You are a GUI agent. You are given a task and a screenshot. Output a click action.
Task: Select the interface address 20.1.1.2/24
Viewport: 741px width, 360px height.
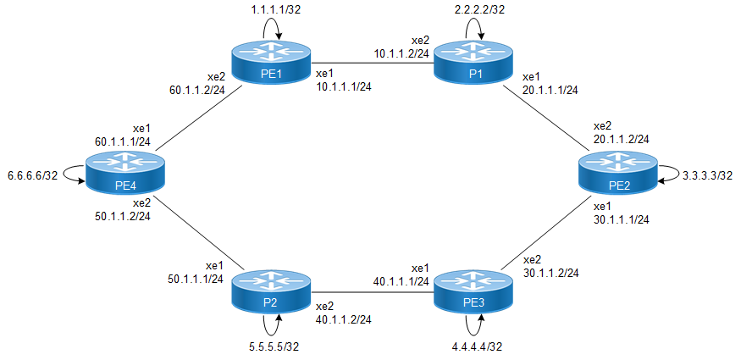(621, 139)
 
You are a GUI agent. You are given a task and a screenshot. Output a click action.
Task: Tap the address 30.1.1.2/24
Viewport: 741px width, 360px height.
(551, 273)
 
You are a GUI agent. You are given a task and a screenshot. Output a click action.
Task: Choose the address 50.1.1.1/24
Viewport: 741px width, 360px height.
(196, 279)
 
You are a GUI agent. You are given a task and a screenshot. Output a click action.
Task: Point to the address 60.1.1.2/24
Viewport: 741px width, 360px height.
(196, 87)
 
